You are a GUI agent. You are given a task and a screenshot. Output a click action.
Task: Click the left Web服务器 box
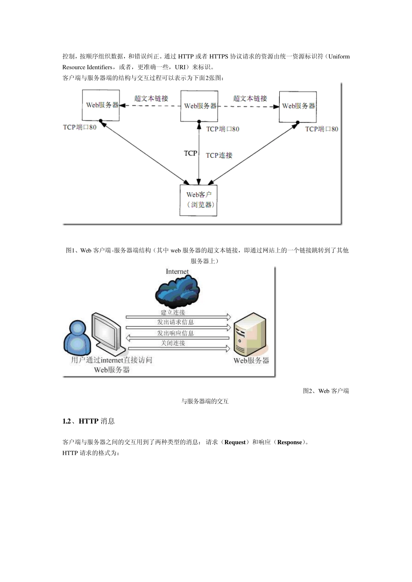(x=101, y=105)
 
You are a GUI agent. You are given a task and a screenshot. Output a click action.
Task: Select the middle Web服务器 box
(x=199, y=106)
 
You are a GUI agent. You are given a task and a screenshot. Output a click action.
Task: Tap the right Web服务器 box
(x=298, y=106)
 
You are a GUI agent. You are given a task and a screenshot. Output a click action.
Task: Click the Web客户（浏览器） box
(x=199, y=200)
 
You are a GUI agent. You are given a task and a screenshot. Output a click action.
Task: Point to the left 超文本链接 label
(x=150, y=98)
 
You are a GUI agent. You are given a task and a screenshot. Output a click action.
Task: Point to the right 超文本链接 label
(x=250, y=98)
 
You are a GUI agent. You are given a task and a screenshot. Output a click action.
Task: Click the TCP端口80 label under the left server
(x=80, y=127)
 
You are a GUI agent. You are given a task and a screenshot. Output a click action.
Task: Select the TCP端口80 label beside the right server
(x=321, y=129)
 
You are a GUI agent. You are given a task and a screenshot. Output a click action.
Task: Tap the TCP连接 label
(x=219, y=155)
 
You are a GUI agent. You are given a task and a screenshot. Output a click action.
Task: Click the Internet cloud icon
(x=177, y=291)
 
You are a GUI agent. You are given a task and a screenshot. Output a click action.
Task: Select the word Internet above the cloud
(x=177, y=272)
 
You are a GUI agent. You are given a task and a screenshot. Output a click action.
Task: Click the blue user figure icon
(x=77, y=338)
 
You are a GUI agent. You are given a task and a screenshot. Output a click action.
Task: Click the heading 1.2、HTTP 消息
(x=88, y=421)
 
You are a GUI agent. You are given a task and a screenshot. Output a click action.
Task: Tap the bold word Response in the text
(x=289, y=442)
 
